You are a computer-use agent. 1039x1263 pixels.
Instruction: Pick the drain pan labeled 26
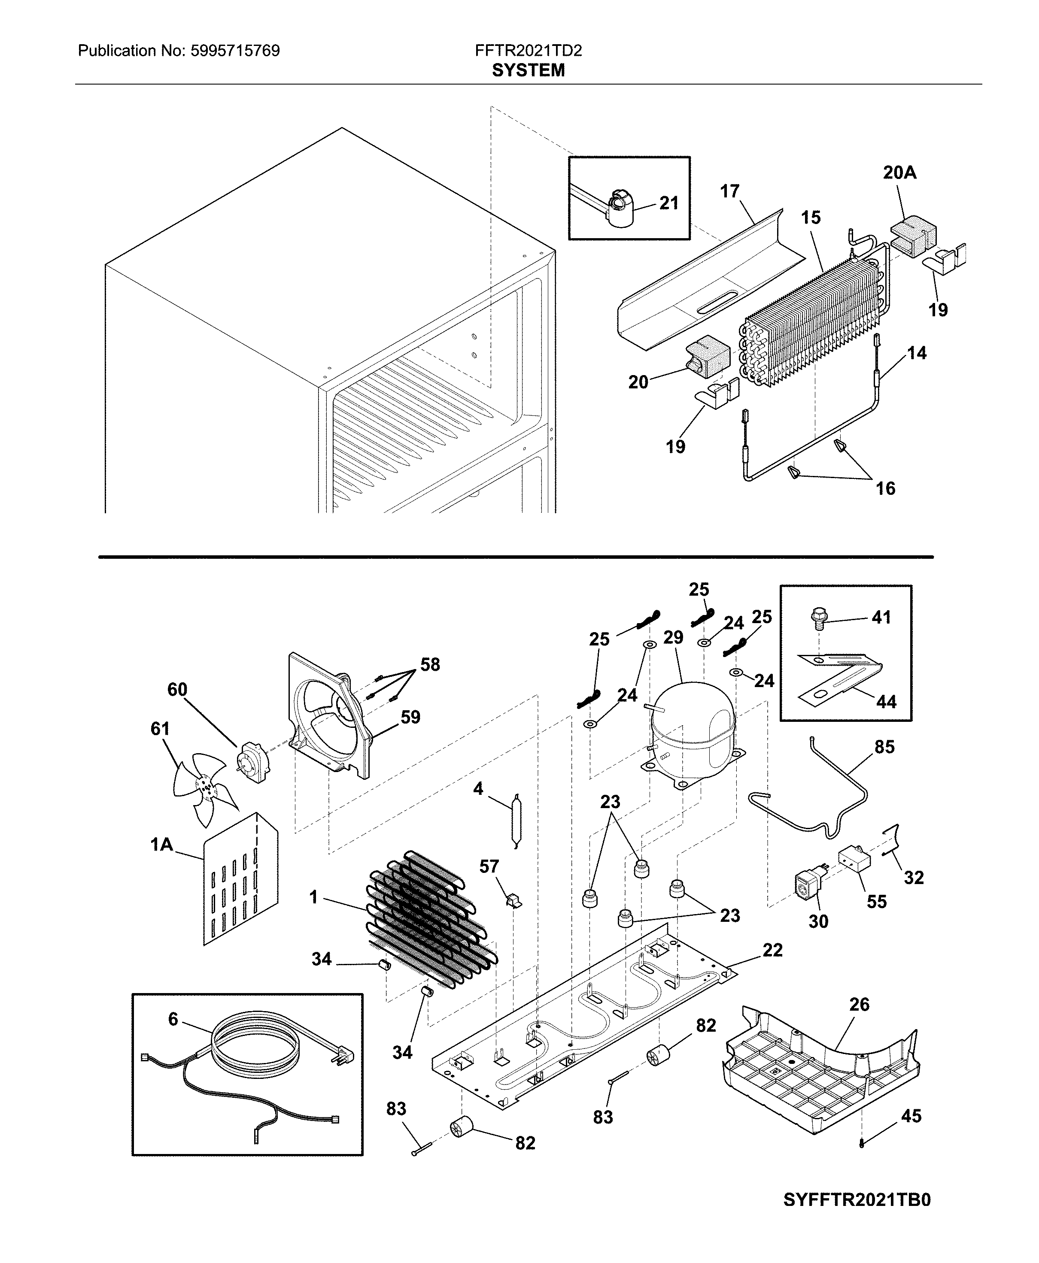pyautogui.click(x=820, y=1077)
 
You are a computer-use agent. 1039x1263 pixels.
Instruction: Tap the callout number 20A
pyautogui.click(x=899, y=173)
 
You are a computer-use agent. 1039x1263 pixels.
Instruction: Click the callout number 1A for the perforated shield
pyautogui.click(x=161, y=845)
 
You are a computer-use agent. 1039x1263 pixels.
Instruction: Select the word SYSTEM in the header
pyautogui.click(x=528, y=71)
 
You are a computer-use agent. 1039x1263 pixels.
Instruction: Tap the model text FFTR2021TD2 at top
pyautogui.click(x=528, y=51)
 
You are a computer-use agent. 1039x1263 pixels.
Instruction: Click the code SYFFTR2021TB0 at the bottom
pyautogui.click(x=857, y=1212)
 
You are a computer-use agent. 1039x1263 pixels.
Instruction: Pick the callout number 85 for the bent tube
pyautogui.click(x=884, y=747)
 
